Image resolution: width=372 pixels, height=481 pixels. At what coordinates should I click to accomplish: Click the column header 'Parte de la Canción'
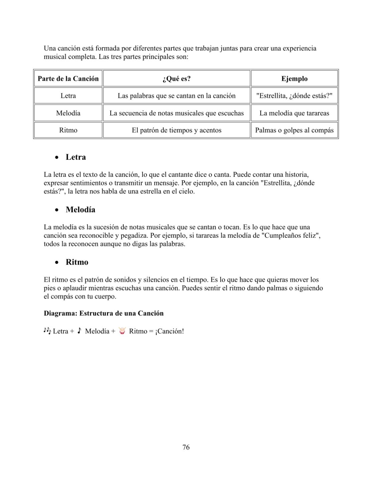pyautogui.click(x=68, y=79)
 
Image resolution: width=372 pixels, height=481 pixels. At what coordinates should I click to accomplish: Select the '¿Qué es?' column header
pyautogui.click(x=176, y=79)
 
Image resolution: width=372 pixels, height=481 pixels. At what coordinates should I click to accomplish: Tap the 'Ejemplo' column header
pyautogui.click(x=294, y=79)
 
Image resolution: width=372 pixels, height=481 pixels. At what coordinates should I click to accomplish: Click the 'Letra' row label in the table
pyautogui.click(x=68, y=96)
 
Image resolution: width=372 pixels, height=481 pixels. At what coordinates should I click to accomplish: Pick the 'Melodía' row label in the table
pyautogui.click(x=68, y=113)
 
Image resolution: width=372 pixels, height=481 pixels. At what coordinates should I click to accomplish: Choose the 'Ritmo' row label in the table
pyautogui.click(x=68, y=130)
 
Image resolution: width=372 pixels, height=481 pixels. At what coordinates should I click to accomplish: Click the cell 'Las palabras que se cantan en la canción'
pyautogui.click(x=176, y=96)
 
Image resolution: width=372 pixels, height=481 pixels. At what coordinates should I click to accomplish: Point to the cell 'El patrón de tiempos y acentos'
pyautogui.click(x=176, y=130)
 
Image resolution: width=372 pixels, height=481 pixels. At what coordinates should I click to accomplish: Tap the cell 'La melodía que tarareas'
pyautogui.click(x=294, y=113)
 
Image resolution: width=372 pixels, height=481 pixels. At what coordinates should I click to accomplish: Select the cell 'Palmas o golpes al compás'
pyautogui.click(x=294, y=130)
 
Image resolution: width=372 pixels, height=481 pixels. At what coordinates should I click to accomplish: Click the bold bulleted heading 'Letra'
pyautogui.click(x=76, y=157)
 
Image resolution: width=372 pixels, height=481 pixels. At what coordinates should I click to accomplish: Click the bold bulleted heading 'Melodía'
pyautogui.click(x=81, y=210)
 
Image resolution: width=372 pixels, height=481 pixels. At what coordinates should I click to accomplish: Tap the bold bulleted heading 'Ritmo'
pyautogui.click(x=77, y=262)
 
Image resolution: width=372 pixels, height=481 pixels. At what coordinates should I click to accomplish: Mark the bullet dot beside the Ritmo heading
pyautogui.click(x=57, y=263)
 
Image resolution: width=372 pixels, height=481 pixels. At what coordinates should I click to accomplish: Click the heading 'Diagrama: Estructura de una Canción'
pyautogui.click(x=104, y=313)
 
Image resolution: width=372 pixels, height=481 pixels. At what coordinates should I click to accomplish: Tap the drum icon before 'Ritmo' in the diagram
pyautogui.click(x=122, y=331)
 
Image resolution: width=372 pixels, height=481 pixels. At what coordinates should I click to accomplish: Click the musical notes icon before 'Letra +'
pyautogui.click(x=47, y=331)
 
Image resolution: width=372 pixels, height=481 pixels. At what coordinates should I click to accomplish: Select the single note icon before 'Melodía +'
pyautogui.click(x=79, y=331)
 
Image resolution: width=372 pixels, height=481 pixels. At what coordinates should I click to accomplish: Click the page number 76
pyautogui.click(x=186, y=447)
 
